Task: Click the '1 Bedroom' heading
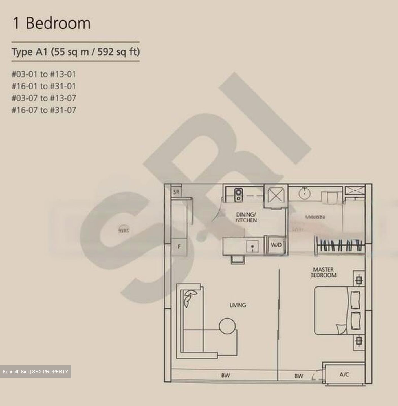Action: click(52, 23)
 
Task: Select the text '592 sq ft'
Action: click(118, 52)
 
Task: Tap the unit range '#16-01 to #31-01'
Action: click(44, 86)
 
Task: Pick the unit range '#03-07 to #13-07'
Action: click(44, 98)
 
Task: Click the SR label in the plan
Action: click(176, 192)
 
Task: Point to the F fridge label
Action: click(179, 247)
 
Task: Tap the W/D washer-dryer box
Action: click(276, 245)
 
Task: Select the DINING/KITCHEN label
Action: click(246, 217)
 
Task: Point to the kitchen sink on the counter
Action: click(252, 247)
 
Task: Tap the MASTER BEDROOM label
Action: click(323, 272)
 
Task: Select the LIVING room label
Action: click(238, 305)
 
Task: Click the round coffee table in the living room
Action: click(228, 326)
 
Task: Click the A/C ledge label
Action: click(344, 375)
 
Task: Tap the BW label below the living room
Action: click(225, 375)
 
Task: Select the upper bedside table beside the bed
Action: click(359, 281)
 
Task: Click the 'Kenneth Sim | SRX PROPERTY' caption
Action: click(36, 372)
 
